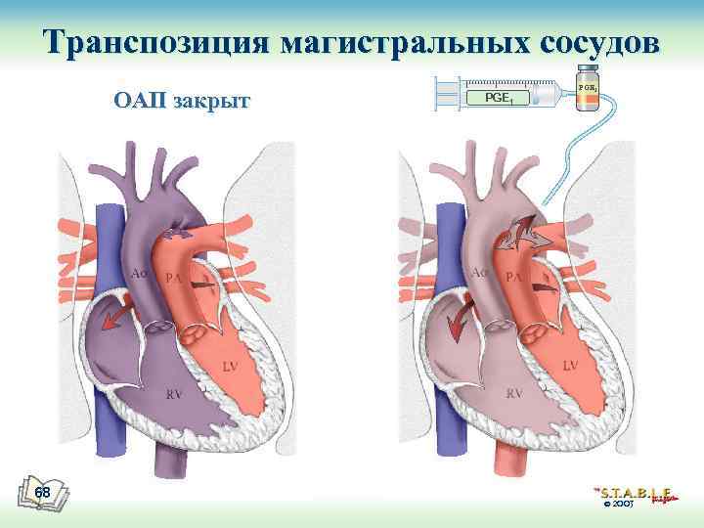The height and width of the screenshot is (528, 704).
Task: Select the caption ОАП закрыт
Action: [182, 101]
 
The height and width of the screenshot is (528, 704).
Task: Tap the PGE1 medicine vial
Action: [587, 90]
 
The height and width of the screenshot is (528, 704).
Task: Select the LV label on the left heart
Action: [229, 367]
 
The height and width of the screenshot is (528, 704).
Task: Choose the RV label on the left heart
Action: [174, 395]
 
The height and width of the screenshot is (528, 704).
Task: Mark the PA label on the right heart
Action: [513, 280]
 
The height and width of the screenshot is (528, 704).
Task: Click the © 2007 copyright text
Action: [620, 506]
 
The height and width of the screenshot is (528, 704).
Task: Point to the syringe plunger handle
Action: [447, 95]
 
